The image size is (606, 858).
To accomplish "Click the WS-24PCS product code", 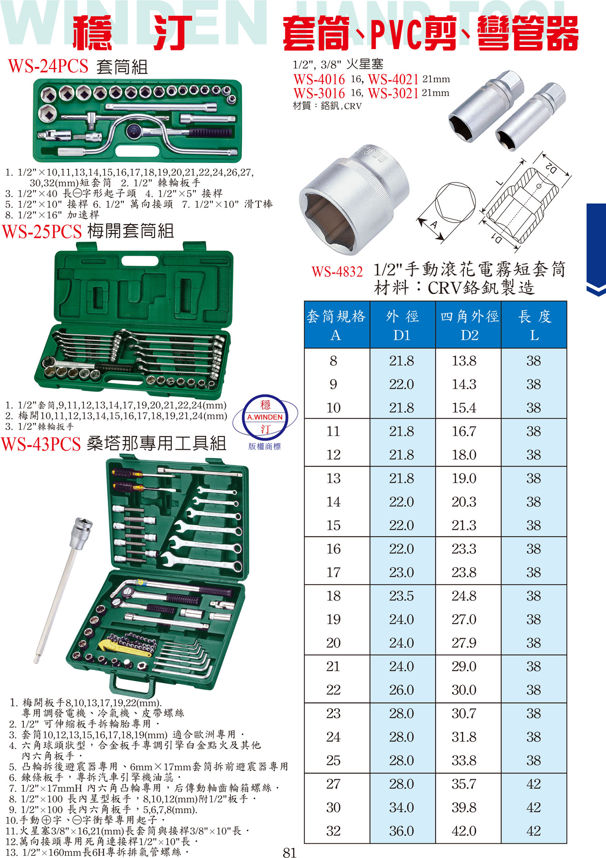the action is pyautogui.click(x=48, y=66).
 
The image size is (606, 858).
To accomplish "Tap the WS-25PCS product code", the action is pyautogui.click(x=42, y=232).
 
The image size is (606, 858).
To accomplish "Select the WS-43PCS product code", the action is pyautogui.click(x=41, y=444).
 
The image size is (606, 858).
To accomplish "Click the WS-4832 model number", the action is pyautogui.click(x=337, y=271).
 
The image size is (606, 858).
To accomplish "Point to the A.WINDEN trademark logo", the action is pyautogui.click(x=265, y=417).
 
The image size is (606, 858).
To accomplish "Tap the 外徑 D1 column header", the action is pyautogui.click(x=402, y=325).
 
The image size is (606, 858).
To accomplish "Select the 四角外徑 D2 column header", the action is pyautogui.click(x=469, y=325).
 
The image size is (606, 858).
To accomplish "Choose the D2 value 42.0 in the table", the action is pyautogui.click(x=464, y=831).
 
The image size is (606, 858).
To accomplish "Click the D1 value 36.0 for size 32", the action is pyautogui.click(x=401, y=831).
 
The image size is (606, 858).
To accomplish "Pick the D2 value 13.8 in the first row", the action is pyautogui.click(x=464, y=361).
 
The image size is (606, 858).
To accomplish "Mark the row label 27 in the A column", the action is pyautogui.click(x=333, y=784).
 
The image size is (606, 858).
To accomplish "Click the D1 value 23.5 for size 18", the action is pyautogui.click(x=401, y=596).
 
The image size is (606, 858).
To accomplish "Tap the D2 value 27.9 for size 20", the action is pyautogui.click(x=464, y=643).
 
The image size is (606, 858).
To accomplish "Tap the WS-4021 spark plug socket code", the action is pyautogui.click(x=393, y=79).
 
